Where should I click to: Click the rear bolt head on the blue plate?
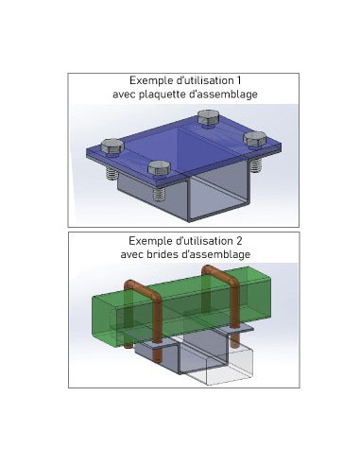pyautogui.click(x=208, y=117)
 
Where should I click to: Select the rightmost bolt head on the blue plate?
pyautogui.click(x=255, y=139)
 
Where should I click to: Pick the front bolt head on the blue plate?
pyautogui.click(x=159, y=167)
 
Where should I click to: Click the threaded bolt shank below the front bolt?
pyautogui.click(x=160, y=194)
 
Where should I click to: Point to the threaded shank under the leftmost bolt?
pyautogui.click(x=111, y=173)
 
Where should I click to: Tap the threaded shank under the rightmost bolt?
pyautogui.click(x=256, y=165)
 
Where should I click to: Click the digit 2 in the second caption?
pyautogui.click(x=239, y=241)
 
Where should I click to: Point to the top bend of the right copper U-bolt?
pyautogui.click(x=220, y=272)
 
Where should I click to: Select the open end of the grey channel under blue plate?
pyautogui.click(x=218, y=198)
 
